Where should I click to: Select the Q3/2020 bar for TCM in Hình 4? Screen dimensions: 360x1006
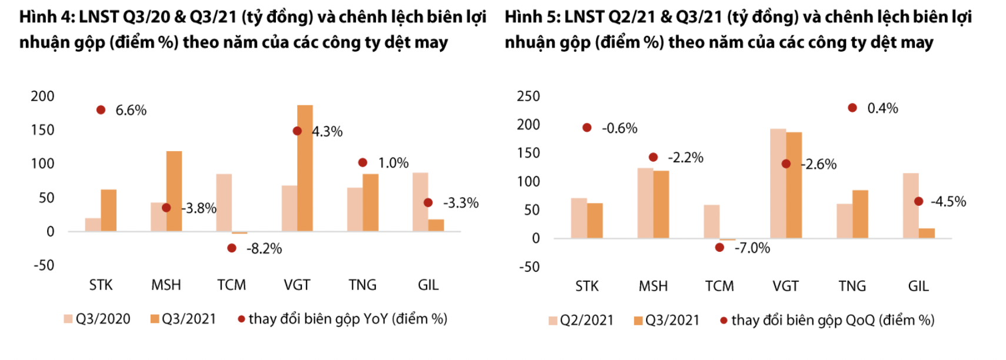[x=224, y=202]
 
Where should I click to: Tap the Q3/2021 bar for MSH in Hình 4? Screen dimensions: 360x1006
[x=174, y=191]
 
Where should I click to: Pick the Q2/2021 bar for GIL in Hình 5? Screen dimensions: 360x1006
[x=910, y=206]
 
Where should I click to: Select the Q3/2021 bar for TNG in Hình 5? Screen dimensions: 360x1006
[x=860, y=214]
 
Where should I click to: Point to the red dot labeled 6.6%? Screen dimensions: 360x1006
[x=101, y=110]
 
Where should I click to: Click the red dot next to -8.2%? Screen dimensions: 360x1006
[x=232, y=248]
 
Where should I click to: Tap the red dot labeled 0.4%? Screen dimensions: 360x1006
[x=852, y=108]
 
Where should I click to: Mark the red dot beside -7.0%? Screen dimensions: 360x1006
[x=719, y=248]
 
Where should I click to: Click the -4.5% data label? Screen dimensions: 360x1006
[x=948, y=202]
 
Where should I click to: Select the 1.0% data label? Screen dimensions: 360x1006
[x=393, y=163]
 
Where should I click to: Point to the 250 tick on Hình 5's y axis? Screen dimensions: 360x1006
[x=528, y=96]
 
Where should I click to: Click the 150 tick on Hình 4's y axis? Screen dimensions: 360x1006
[x=42, y=130]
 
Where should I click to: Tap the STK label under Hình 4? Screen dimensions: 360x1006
[x=101, y=285]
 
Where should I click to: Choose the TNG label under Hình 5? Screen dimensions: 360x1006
[x=852, y=286]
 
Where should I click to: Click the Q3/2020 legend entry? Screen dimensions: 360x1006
[x=98, y=319]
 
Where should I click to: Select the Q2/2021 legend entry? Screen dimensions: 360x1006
[x=581, y=321]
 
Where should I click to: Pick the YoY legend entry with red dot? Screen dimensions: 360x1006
[x=342, y=319]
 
